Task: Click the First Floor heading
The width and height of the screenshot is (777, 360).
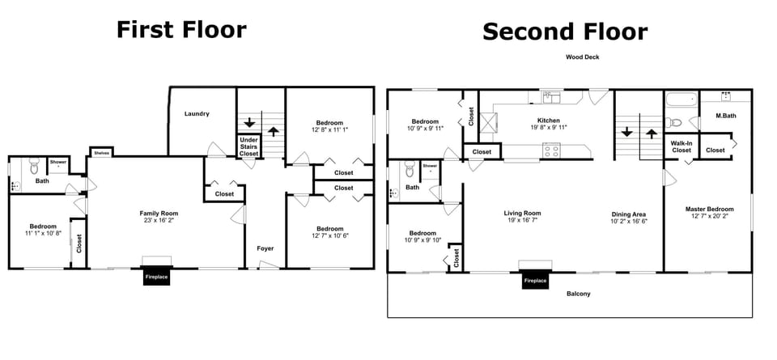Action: point(180,30)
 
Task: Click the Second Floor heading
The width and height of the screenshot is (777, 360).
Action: point(565,32)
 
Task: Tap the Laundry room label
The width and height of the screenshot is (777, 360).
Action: point(197,114)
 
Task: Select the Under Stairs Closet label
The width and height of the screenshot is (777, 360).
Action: point(248,146)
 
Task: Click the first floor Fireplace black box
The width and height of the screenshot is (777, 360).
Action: point(156,277)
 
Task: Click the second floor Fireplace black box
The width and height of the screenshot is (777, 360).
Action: point(535,280)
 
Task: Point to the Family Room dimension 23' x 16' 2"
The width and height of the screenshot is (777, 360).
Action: point(154,220)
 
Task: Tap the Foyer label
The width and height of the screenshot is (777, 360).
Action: point(265,248)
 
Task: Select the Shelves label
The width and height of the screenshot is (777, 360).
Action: point(101,152)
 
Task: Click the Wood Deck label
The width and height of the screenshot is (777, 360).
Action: point(582,57)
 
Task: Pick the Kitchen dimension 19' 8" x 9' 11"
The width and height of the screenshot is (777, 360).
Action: point(549,127)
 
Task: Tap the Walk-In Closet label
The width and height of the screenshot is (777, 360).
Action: point(681,146)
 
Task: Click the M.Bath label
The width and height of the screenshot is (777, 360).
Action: point(725,116)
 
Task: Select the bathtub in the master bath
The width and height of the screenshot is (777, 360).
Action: point(681,101)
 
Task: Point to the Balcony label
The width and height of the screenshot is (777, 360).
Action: point(578,294)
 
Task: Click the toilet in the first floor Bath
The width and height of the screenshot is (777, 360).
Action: point(34,167)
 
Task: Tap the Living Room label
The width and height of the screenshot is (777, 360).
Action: point(523,214)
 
